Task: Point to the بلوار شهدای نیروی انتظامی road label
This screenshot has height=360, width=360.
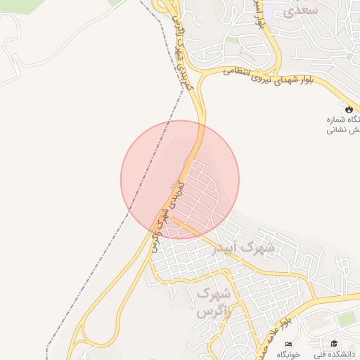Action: [274, 77]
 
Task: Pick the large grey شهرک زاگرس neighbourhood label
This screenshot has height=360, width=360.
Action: [214, 300]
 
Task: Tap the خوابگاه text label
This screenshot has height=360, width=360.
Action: [288, 353]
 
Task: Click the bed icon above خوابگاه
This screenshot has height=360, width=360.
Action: [288, 342]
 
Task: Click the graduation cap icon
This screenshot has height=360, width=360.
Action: [335, 342]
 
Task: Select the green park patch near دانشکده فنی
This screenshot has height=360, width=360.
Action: [346, 319]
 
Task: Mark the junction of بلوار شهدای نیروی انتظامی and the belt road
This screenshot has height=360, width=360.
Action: [200, 77]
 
